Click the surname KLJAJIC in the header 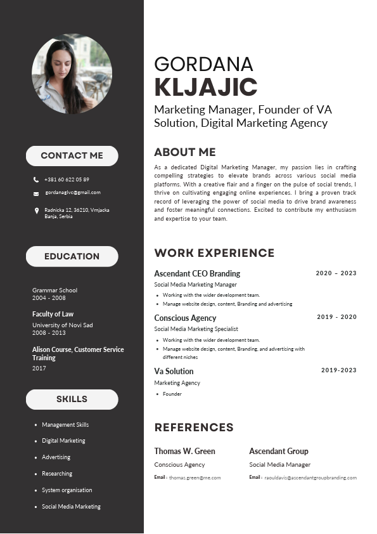(x=205, y=88)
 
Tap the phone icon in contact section (x=36, y=179)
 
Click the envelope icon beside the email (x=36, y=193)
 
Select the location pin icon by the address (x=36, y=211)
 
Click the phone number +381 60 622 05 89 (x=67, y=179)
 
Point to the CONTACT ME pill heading (x=72, y=155)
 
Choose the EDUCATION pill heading (x=72, y=256)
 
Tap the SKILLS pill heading (x=72, y=399)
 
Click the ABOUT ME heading (x=185, y=152)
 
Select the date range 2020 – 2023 (x=336, y=273)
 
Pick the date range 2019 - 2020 (x=336, y=316)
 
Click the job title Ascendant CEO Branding (x=197, y=273)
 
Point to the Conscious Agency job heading (x=185, y=318)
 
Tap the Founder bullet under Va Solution (x=172, y=394)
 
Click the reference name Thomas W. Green (x=184, y=451)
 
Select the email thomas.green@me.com (x=195, y=478)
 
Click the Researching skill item (x=57, y=474)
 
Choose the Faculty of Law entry (x=53, y=314)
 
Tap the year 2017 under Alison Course (x=39, y=368)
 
